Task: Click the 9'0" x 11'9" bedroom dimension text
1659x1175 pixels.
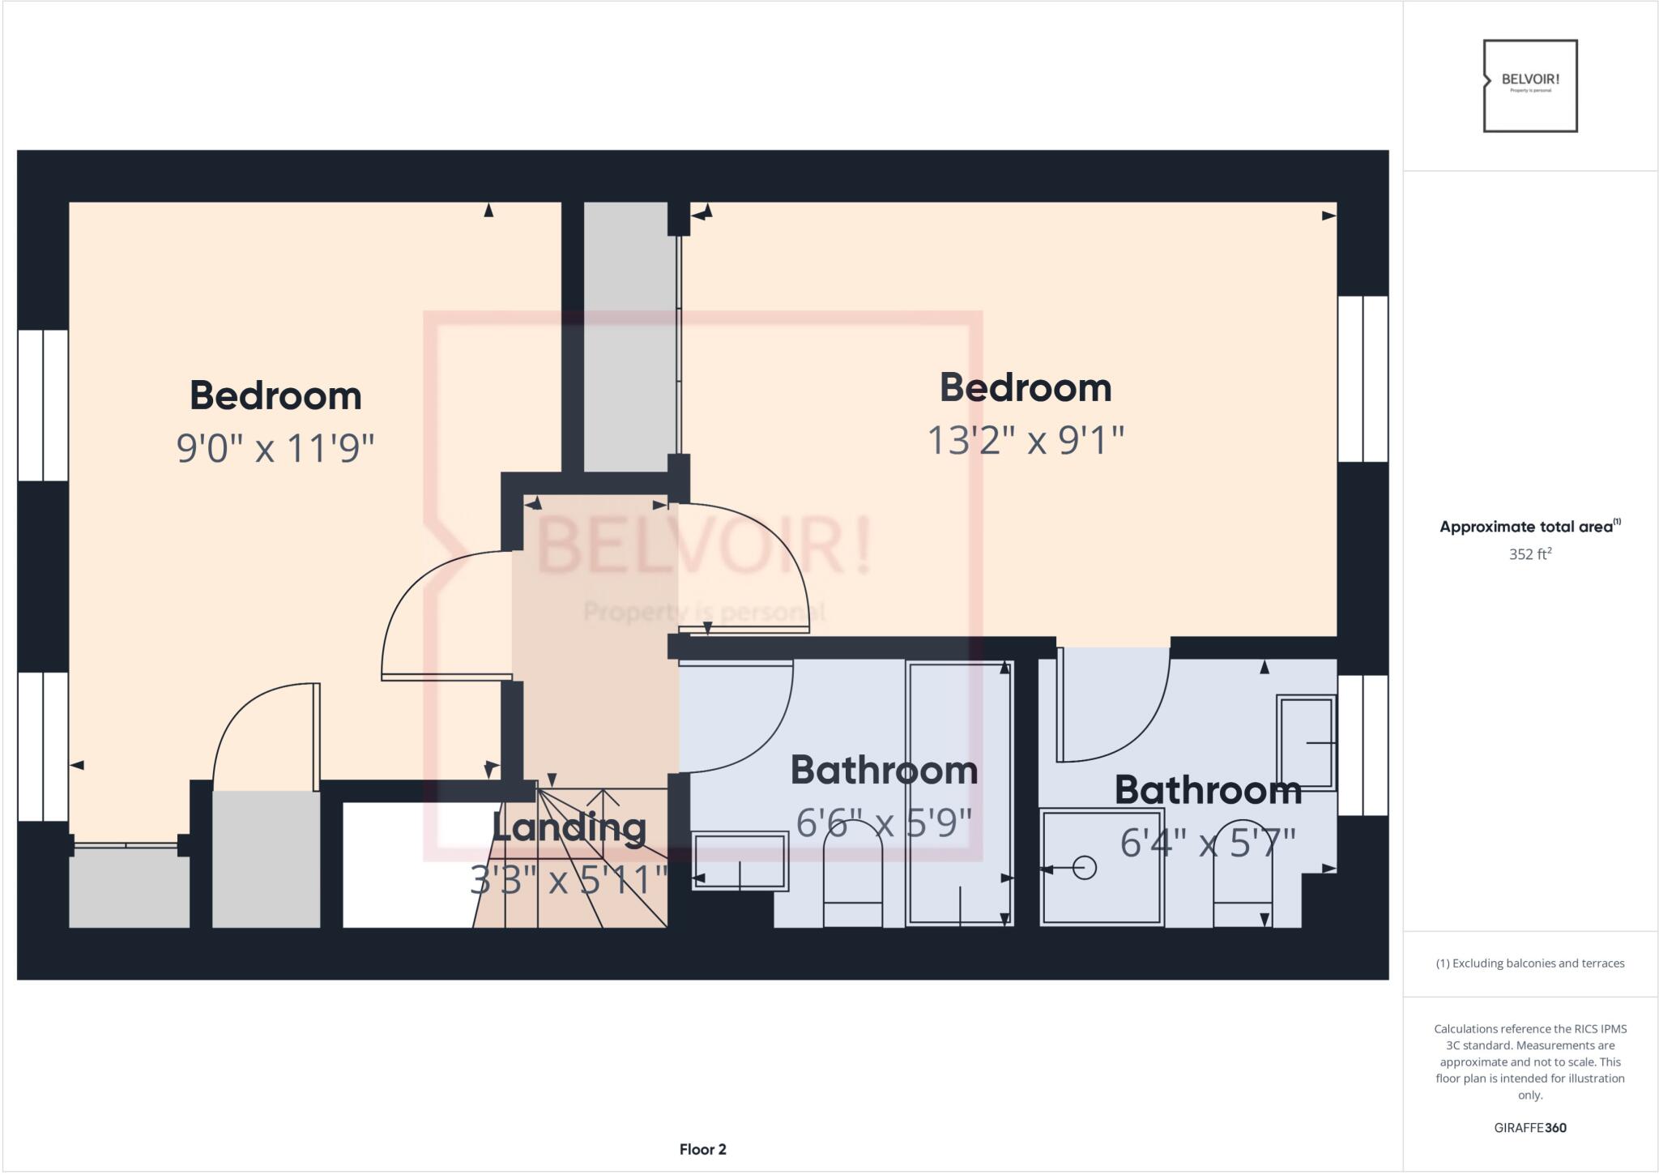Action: click(275, 448)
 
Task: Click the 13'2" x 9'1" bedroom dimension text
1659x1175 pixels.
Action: click(1026, 441)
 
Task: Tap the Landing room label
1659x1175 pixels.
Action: click(569, 828)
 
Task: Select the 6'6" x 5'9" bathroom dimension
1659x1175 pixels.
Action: click(884, 824)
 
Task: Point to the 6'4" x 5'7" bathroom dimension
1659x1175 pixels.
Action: click(1208, 843)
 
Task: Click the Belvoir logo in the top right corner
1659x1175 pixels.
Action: click(1530, 86)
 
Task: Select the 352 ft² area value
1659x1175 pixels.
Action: click(1529, 554)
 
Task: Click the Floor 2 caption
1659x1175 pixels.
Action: click(702, 1149)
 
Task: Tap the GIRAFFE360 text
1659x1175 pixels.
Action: click(1530, 1128)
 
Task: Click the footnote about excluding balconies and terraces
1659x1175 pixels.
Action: click(1530, 963)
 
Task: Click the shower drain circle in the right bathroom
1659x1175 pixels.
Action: click(1085, 868)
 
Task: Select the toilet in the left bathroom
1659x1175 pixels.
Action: click(852, 883)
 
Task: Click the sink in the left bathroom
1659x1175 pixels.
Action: click(740, 861)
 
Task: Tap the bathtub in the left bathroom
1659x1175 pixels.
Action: click(960, 794)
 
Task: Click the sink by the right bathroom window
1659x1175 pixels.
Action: click(1306, 741)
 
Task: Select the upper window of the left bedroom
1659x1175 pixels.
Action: click(43, 405)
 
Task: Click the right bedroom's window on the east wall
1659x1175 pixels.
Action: click(1363, 378)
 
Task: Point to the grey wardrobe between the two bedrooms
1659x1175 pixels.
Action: click(630, 336)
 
